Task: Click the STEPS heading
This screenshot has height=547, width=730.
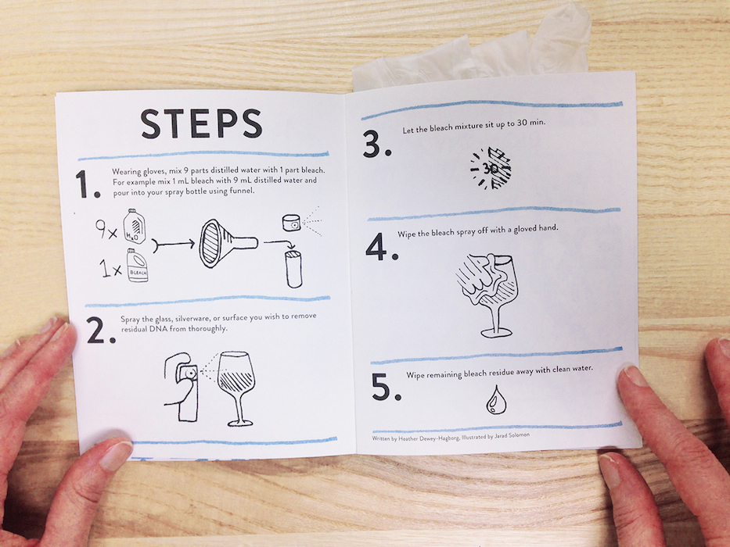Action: (x=202, y=124)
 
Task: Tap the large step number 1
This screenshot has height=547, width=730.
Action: (x=88, y=184)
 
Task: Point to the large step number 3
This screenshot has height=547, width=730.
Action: (x=376, y=145)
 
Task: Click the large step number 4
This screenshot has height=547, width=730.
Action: (x=382, y=246)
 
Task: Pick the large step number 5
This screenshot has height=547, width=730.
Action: (x=387, y=387)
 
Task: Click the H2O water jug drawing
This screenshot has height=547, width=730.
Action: (x=134, y=227)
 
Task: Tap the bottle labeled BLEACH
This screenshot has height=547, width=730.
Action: (x=137, y=266)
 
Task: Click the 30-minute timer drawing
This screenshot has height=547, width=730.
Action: (x=491, y=168)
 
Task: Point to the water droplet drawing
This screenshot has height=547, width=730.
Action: (x=496, y=400)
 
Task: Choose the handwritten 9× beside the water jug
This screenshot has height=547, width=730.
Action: (x=106, y=230)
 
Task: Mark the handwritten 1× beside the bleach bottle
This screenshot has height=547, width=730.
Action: (x=111, y=269)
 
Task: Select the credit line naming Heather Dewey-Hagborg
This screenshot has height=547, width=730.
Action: (x=451, y=438)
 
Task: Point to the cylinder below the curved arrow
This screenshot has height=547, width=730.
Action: (x=293, y=269)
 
